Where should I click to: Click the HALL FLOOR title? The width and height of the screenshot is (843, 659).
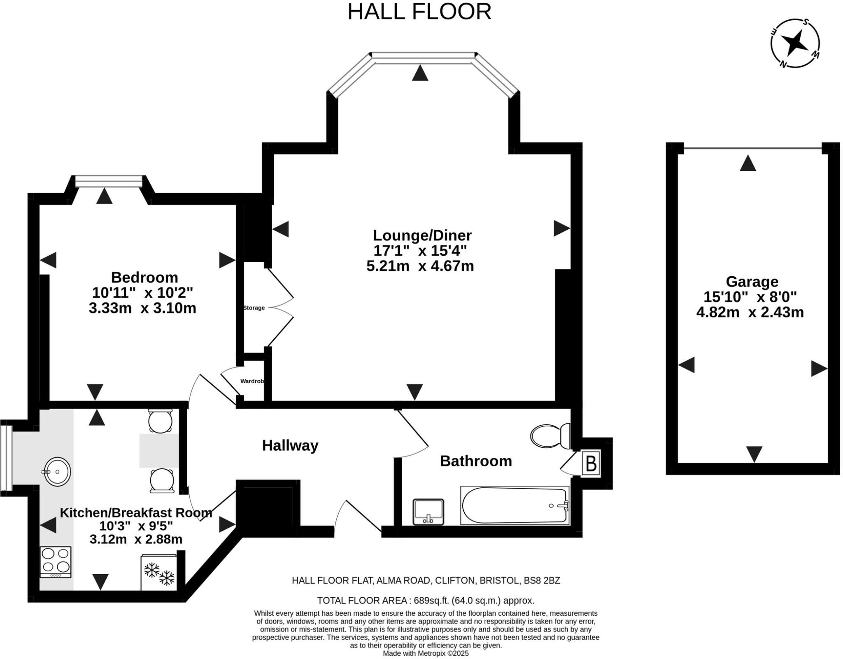[419, 12]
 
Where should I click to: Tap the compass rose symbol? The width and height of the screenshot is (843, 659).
[795, 43]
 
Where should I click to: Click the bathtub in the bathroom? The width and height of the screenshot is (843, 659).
[515, 505]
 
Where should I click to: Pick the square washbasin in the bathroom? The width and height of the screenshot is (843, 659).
[428, 512]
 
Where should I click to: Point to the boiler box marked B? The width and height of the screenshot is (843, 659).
[591, 463]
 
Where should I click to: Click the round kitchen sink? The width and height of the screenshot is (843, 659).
[57, 471]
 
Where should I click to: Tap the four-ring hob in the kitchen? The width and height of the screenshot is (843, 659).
[56, 562]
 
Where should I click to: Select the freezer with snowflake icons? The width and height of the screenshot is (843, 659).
[159, 572]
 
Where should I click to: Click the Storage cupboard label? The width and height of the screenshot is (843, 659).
[254, 308]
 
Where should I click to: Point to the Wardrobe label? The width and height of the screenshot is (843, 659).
[252, 381]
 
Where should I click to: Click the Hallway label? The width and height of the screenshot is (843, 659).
[290, 445]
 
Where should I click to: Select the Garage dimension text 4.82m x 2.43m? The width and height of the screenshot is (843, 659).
[750, 312]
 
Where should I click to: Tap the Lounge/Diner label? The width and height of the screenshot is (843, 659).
[422, 235]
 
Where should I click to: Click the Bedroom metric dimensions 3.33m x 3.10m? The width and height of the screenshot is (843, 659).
[142, 308]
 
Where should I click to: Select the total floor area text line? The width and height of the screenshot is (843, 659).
[426, 600]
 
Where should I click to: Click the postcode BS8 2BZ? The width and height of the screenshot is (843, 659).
[542, 580]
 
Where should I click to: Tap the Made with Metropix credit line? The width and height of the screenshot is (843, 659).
[426, 653]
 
